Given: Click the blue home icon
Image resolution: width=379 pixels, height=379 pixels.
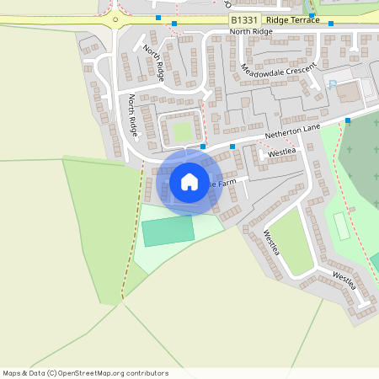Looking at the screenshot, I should pos(189,182).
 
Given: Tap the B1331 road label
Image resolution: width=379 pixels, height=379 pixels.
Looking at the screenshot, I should pos(243,19).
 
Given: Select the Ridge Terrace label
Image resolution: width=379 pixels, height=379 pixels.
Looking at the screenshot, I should pos(291,19).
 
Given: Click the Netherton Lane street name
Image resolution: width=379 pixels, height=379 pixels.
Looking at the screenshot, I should pos(293,130).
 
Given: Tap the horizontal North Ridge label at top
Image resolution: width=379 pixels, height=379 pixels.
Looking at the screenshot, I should pos(251,32).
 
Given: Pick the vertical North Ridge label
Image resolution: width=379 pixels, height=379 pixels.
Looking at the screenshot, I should pos(133,115).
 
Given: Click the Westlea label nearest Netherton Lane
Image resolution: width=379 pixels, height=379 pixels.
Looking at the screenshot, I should pos(282,152).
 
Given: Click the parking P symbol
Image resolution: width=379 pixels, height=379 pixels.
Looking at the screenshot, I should pos(332,83).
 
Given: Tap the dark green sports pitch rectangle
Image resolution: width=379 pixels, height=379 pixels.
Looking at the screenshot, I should pos(168,231).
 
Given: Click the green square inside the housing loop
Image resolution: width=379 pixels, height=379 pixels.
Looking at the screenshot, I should pos(183,131).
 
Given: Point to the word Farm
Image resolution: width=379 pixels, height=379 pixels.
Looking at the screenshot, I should pos(236,180).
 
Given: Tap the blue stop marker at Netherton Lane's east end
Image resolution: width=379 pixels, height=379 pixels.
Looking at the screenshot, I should pos(348,121).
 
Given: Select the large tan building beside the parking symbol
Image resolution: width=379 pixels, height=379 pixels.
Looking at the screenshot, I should pos(350,91).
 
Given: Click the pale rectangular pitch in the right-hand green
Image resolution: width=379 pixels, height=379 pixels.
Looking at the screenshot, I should pos(341,227).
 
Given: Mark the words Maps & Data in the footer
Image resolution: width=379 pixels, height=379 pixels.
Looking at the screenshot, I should pos(24,373).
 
